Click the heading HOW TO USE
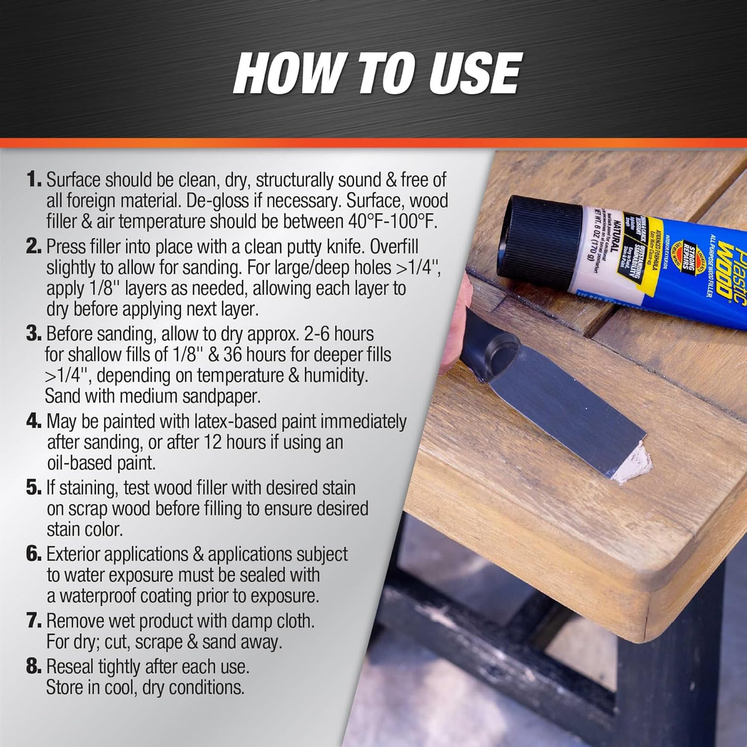tap(377, 73)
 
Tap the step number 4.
tap(34, 421)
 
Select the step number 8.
tap(34, 666)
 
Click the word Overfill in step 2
tap(382, 247)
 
